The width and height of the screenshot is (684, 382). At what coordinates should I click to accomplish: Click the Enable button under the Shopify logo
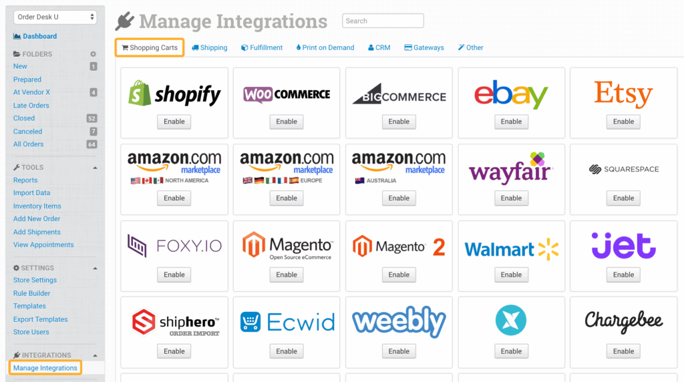174,122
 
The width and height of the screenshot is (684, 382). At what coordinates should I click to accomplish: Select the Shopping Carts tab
150,47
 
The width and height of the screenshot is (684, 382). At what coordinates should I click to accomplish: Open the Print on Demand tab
325,47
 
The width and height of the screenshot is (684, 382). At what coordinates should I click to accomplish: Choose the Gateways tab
424,47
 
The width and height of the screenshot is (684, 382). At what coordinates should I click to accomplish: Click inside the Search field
383,21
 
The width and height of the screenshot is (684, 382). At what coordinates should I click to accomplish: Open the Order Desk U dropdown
55,17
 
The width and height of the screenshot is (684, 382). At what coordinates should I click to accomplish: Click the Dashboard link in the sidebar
39,36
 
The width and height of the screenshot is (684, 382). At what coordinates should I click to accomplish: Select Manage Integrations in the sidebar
45,368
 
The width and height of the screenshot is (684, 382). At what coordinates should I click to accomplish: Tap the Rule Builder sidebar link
32,293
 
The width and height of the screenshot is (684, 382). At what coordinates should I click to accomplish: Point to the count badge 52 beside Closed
92,118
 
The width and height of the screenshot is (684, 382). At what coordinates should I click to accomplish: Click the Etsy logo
623,94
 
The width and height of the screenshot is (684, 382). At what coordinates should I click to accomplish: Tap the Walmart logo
511,249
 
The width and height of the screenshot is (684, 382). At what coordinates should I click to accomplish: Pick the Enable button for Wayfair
511,198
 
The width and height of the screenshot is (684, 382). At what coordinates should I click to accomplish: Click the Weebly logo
399,323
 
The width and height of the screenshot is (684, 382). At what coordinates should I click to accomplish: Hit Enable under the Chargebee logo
623,351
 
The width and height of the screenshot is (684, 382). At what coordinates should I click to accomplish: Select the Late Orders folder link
31,106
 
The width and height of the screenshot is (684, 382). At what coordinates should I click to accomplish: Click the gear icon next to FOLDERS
94,54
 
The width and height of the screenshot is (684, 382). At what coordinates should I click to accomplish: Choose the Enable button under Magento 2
399,274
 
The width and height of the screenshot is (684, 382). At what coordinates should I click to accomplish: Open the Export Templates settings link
41,319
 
